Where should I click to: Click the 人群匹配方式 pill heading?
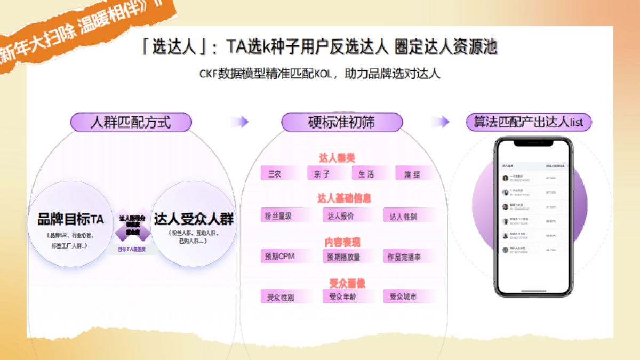click(x=131, y=122)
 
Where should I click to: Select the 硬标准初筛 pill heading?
click(x=341, y=122)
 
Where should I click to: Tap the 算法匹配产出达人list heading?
click(x=529, y=122)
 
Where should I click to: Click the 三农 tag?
click(x=275, y=173)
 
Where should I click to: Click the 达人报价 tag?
click(x=341, y=215)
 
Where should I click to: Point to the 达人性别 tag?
click(x=404, y=216)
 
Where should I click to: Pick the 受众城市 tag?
click(x=403, y=297)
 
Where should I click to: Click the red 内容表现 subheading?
click(x=342, y=242)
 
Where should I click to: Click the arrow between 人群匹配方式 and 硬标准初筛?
click(x=240, y=122)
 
